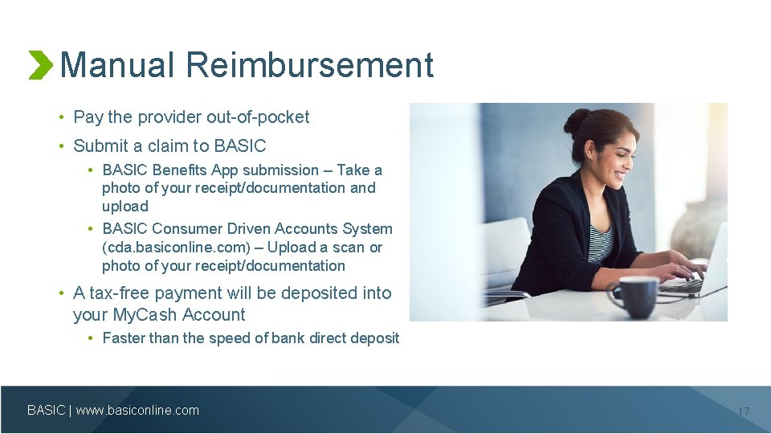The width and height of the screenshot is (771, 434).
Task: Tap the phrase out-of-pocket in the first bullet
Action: point(258,117)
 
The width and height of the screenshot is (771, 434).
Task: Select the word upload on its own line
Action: point(125,207)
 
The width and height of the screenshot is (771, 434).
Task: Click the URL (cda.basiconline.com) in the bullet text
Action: point(177,248)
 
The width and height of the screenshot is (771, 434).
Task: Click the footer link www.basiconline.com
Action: point(137,411)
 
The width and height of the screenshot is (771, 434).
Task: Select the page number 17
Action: point(743,411)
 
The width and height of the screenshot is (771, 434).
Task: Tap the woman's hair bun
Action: point(576,121)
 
